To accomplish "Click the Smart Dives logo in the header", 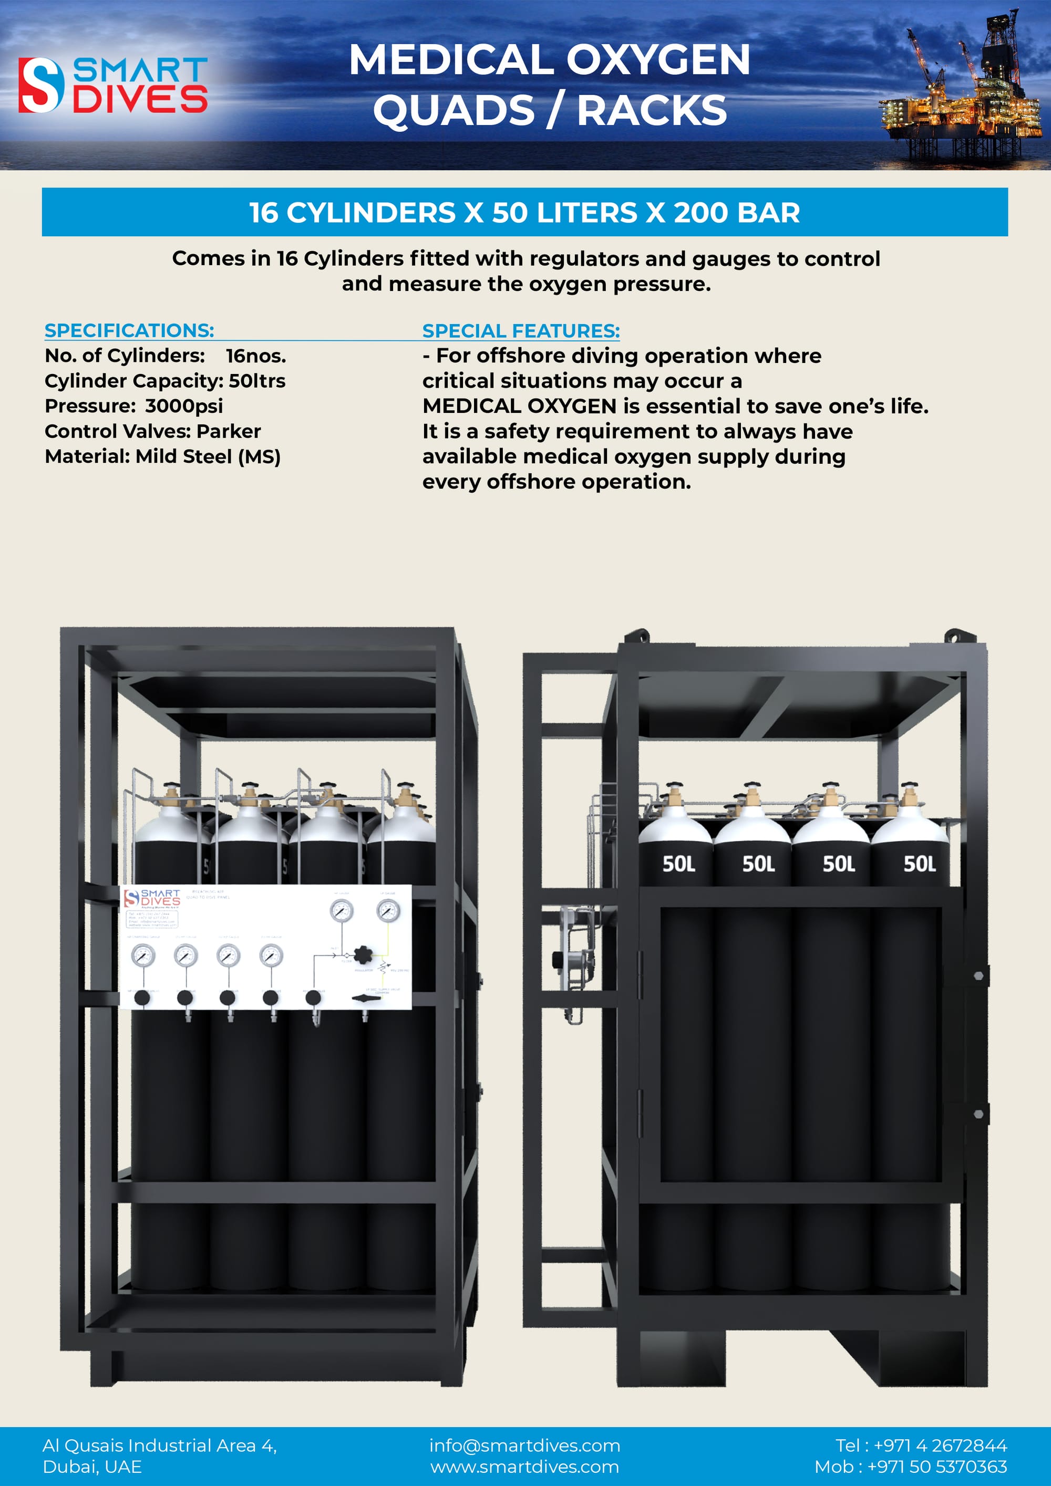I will [114, 85].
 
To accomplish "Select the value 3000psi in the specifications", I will [184, 406].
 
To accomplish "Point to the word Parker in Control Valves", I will [229, 431].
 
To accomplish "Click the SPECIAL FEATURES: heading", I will [521, 331].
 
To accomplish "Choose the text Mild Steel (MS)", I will [208, 456].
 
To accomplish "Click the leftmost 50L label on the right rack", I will [678, 864].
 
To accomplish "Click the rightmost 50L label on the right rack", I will [919, 864].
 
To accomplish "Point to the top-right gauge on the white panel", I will [388, 911].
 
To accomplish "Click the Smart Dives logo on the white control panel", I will [152, 898].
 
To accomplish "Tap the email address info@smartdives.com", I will [524, 1445].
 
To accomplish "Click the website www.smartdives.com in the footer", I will [524, 1467].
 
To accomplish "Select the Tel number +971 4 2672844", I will [940, 1445].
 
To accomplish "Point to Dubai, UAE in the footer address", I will [92, 1467].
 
